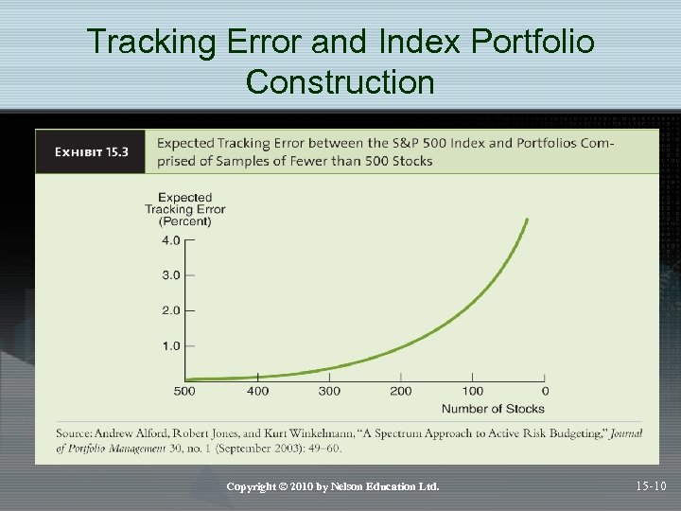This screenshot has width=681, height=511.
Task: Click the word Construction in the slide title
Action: point(340,82)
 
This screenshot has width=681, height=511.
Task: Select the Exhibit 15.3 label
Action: point(91,152)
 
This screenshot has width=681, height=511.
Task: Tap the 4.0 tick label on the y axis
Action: point(170,240)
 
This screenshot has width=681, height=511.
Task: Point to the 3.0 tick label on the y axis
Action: point(170,275)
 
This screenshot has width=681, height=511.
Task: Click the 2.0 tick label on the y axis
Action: point(170,310)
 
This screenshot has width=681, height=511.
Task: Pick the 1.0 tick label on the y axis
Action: point(170,345)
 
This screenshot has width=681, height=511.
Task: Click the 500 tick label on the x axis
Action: point(185,391)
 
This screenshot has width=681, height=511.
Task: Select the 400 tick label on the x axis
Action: point(257,391)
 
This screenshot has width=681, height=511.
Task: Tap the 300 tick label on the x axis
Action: point(329,391)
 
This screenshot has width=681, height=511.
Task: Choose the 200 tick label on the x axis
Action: point(401,391)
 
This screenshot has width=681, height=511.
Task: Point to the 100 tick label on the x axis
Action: point(473,391)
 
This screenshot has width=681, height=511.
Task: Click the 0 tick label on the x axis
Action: point(545,391)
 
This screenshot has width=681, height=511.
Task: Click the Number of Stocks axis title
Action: point(493,409)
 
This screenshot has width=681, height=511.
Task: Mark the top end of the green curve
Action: point(527,220)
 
